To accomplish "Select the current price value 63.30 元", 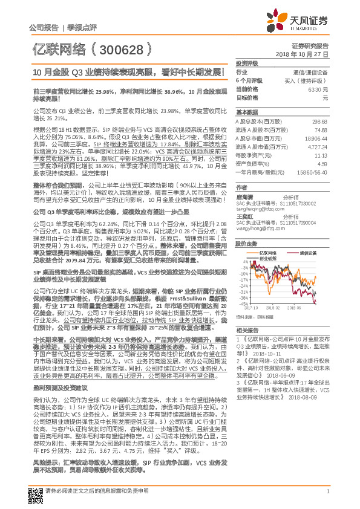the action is [315, 89].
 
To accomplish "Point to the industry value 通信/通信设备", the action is [311, 72].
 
